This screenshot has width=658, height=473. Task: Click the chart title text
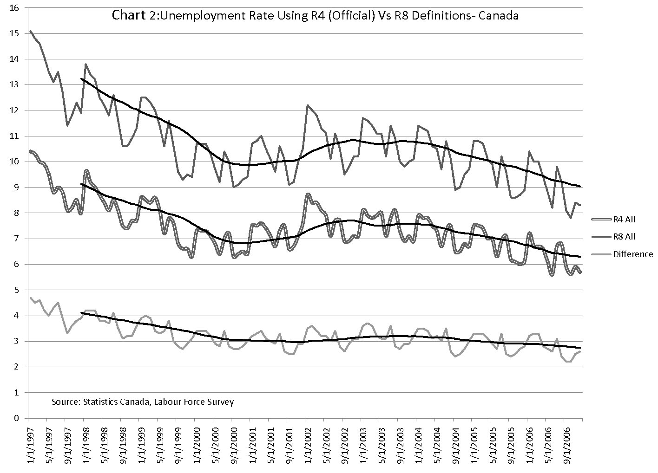click(315, 15)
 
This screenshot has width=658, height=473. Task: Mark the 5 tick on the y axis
click(17, 290)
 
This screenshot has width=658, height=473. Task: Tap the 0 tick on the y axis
click(17, 418)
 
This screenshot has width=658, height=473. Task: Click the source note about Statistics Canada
click(143, 402)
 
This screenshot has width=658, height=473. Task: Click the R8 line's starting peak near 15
click(31, 31)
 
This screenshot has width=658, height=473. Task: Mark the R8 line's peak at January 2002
click(307, 105)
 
